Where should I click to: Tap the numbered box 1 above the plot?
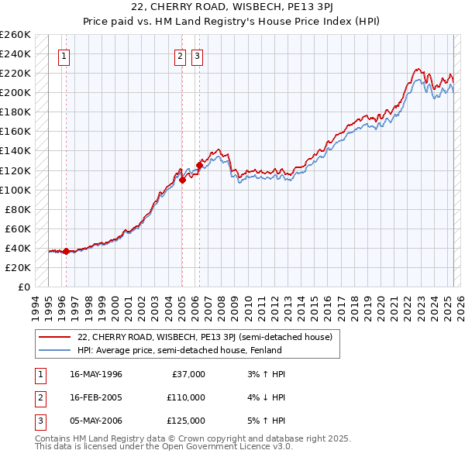click(63, 55)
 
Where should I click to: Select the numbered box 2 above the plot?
click(180, 55)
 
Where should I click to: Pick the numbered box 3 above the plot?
click(197, 55)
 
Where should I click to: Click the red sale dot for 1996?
click(66, 251)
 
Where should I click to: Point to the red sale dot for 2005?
click(183, 180)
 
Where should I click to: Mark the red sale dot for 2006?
click(199, 165)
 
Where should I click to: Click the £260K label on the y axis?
click(15, 35)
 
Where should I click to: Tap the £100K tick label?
click(15, 190)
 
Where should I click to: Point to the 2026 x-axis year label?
click(460, 304)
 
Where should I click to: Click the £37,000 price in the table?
click(188, 374)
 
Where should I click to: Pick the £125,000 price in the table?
click(186, 421)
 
